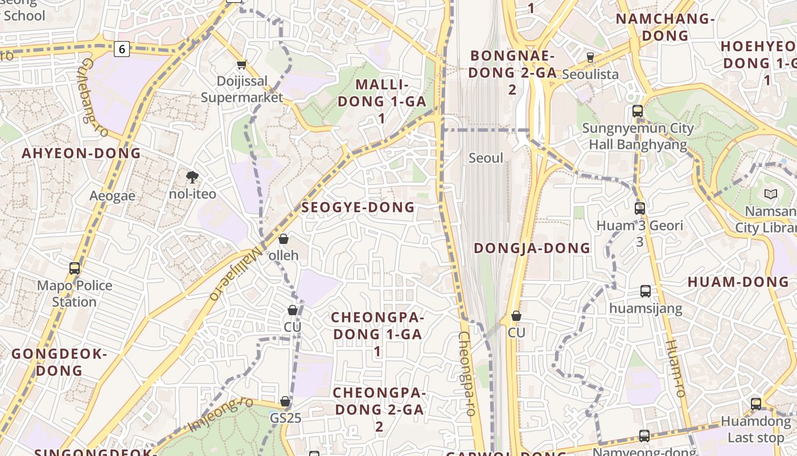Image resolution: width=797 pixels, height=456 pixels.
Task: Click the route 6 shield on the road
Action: [x=122, y=49]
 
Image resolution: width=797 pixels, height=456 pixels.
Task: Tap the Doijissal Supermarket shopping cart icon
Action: [x=241, y=65]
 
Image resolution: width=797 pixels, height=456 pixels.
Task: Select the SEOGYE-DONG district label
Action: [x=358, y=207]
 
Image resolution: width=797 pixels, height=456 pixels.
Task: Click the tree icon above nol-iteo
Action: [x=192, y=177]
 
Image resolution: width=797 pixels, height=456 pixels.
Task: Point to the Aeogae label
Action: [x=113, y=196]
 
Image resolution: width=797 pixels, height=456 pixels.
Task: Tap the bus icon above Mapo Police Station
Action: [x=75, y=268]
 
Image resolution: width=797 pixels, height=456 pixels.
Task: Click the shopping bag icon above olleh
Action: [x=284, y=239]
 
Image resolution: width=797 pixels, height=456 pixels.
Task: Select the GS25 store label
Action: [x=286, y=418]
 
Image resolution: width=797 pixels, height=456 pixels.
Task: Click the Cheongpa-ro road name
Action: [x=466, y=373]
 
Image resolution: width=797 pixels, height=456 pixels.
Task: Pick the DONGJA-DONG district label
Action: [x=532, y=248]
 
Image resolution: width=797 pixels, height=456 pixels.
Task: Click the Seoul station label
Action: [x=486, y=158]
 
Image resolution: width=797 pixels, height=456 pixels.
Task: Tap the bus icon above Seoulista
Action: [x=590, y=58]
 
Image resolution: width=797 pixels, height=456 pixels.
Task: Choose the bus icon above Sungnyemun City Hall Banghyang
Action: [x=638, y=111]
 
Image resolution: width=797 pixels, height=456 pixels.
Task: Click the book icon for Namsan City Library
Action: [x=771, y=194]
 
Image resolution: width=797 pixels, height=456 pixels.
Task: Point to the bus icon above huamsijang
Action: [x=646, y=291]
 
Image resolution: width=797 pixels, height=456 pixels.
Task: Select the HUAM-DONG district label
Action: [x=738, y=282]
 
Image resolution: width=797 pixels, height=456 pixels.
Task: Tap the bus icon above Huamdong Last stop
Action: [x=756, y=404]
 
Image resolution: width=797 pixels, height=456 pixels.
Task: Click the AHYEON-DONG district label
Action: [x=81, y=153]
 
